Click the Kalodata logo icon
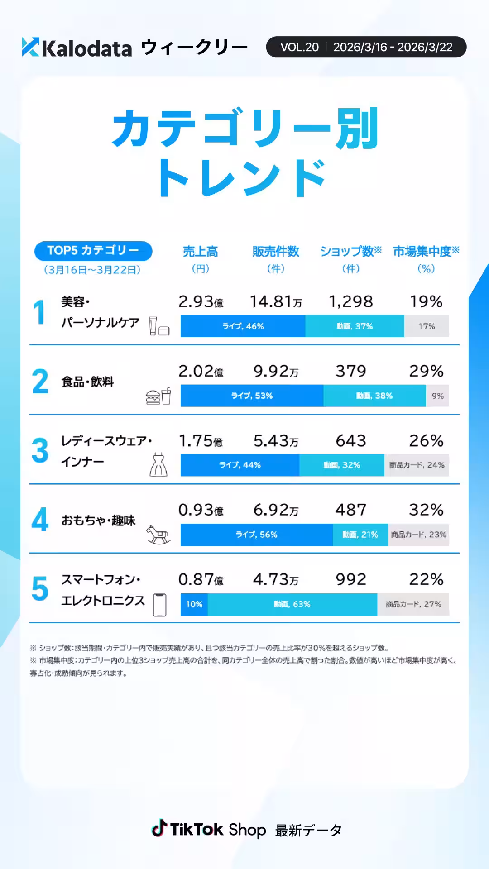(x=30, y=47)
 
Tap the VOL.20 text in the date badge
(x=299, y=47)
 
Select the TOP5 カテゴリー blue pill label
(x=93, y=251)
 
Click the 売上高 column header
(x=200, y=252)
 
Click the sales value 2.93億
(x=200, y=302)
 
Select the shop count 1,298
(x=351, y=302)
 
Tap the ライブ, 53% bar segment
(x=252, y=396)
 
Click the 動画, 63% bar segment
(x=292, y=604)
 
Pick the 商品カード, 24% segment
(x=417, y=465)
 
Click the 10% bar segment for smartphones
(x=194, y=604)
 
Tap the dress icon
(x=158, y=465)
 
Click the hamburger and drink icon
(x=158, y=396)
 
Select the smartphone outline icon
(x=159, y=605)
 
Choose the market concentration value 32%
(x=426, y=510)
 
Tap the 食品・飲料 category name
(x=87, y=382)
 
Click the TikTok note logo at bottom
(x=159, y=829)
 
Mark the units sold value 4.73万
(x=275, y=580)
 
